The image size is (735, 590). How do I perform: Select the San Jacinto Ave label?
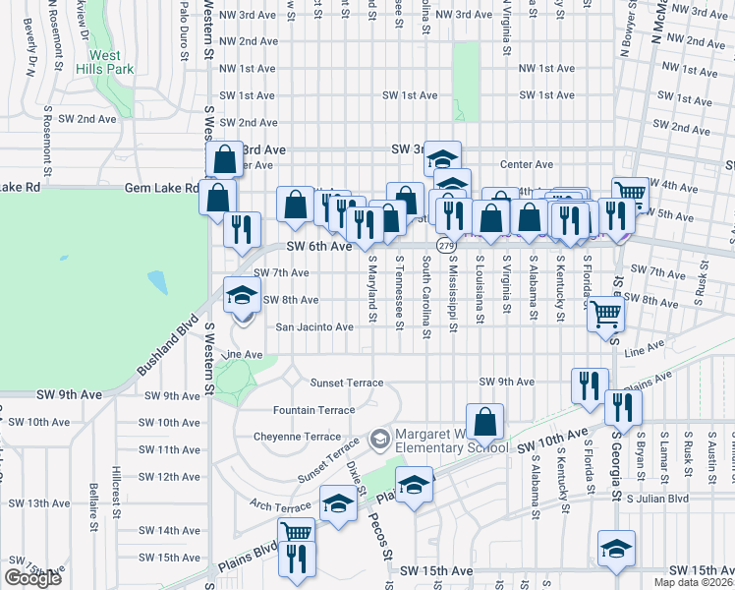[313, 327]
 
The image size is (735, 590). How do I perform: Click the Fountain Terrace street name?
[314, 409]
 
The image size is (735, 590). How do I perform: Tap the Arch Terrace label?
[280, 506]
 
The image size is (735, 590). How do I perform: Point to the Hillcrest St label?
[116, 492]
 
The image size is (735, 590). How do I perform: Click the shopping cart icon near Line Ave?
[605, 316]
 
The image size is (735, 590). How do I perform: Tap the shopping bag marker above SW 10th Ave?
[484, 423]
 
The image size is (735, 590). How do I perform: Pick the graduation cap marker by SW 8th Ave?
[242, 295]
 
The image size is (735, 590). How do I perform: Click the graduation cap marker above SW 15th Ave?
[616, 549]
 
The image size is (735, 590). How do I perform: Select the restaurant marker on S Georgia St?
[623, 406]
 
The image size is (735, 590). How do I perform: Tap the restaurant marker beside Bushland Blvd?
[242, 230]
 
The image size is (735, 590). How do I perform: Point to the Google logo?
[32, 578]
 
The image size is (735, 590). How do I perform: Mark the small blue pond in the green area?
[157, 282]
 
